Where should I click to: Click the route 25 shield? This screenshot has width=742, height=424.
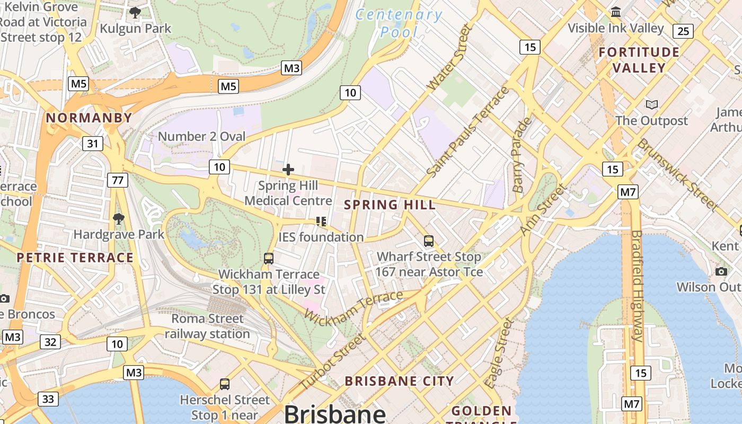coord(683,31)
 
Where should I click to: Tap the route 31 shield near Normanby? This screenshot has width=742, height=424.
coord(93,143)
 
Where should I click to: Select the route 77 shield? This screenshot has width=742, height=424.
coord(117,180)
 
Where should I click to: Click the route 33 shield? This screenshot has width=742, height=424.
coord(48,399)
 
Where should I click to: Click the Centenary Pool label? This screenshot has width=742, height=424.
coord(399,23)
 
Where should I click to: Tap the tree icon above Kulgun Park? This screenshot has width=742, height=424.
coord(135,12)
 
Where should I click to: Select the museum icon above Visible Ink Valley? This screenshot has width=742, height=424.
coord(616,12)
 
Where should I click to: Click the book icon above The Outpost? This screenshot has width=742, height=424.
coord(651,104)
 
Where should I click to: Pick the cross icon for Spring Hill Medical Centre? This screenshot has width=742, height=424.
coord(288,170)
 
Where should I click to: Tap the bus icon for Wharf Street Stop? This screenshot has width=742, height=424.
coord(429,241)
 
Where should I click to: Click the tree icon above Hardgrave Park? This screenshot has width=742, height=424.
coord(119,218)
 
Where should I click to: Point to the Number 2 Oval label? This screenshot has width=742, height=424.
coord(201,136)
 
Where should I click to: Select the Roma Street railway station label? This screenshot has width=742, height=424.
coord(207,326)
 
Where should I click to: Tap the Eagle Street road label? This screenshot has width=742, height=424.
coord(499,352)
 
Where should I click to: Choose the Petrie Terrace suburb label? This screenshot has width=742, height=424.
coord(75,258)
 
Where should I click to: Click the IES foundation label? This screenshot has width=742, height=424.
coord(321,237)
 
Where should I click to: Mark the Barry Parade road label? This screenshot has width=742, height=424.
coord(522,154)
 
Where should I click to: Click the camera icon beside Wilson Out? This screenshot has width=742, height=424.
coord(721,272)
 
